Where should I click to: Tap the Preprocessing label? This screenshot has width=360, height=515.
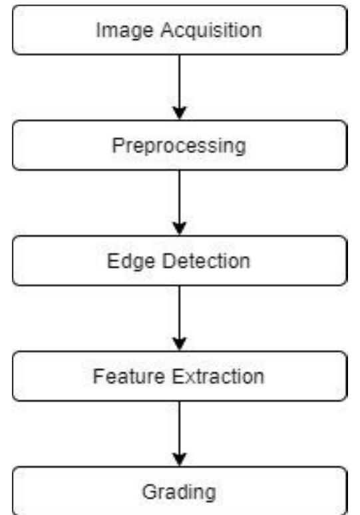pyautogui.click(x=178, y=146)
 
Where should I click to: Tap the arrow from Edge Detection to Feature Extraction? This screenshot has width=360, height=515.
pyautogui.click(x=179, y=317)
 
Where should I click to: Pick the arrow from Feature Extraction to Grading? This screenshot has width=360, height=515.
pyautogui.click(x=179, y=432)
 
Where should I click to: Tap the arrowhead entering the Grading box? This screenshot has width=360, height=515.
pyautogui.click(x=179, y=460)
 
